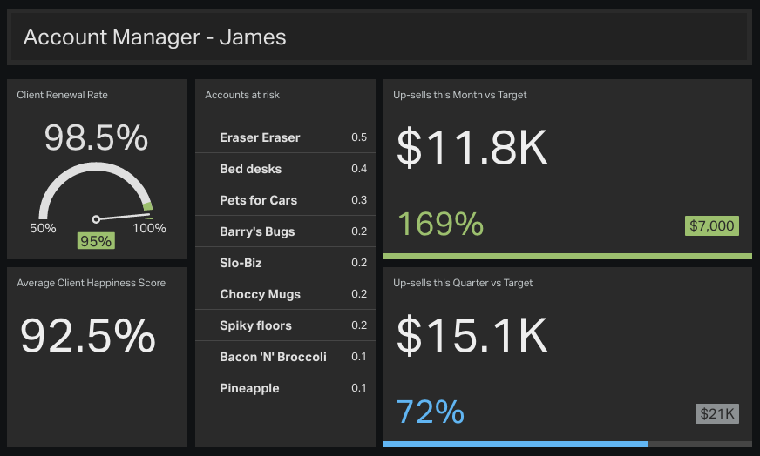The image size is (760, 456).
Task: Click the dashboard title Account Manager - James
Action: point(154,37)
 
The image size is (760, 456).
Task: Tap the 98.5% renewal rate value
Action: point(97,138)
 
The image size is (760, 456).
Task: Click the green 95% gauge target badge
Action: point(95,241)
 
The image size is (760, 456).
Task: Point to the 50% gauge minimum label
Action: point(43,228)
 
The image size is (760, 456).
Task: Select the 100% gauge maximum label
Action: point(149,228)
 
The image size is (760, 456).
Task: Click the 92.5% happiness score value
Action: point(88,336)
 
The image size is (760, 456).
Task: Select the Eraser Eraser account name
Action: point(260,137)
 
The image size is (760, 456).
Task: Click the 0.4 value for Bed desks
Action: point(359,169)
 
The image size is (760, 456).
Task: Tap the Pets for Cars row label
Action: point(258,200)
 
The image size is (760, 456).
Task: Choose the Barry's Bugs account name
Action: point(257,231)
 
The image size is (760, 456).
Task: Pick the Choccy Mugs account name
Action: point(260,294)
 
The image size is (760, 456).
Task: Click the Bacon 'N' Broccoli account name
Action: point(273,357)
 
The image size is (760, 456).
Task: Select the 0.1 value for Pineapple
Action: point(359,388)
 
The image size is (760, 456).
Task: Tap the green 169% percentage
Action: point(440,225)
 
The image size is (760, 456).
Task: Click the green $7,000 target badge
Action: point(712,226)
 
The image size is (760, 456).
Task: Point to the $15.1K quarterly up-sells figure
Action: point(472,334)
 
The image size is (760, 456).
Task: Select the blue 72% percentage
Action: point(430,412)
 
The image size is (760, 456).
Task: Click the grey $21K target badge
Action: point(716,413)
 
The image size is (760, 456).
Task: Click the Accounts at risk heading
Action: point(242,95)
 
